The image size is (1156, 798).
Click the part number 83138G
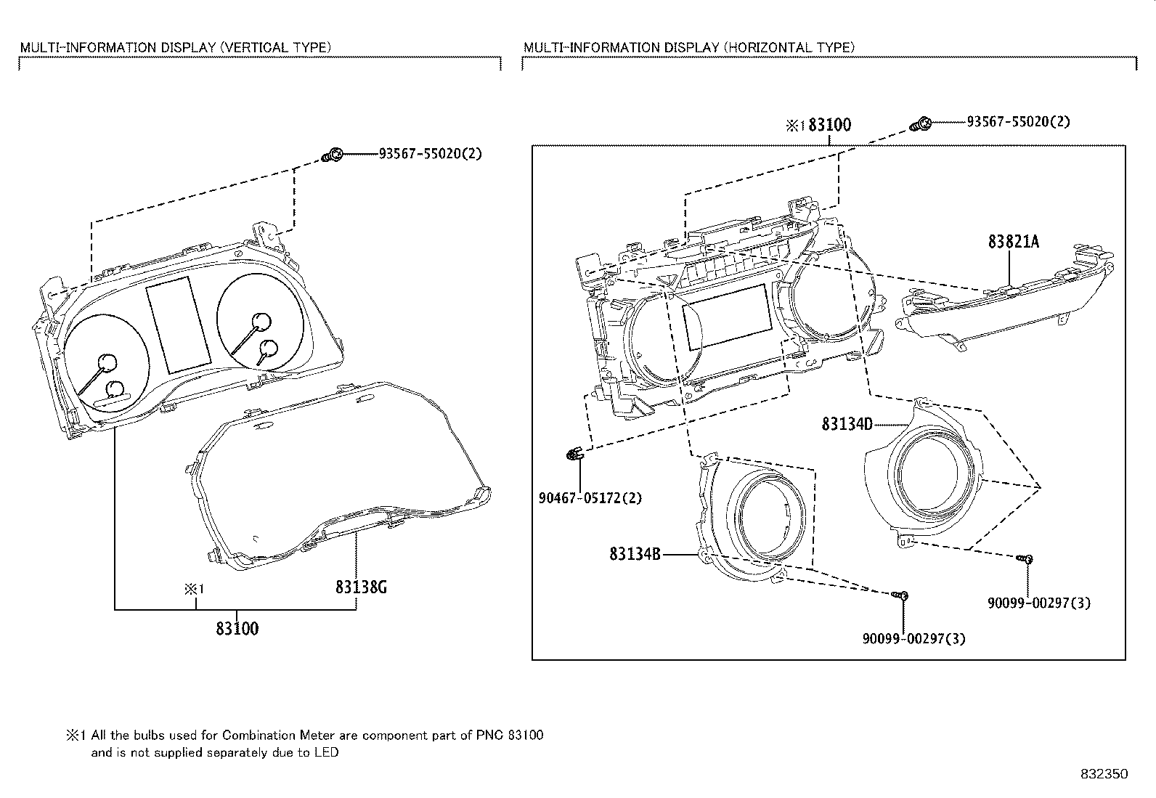pyautogui.click(x=360, y=587)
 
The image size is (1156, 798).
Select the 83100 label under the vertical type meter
pyautogui.click(x=237, y=629)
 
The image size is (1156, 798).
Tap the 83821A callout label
pyautogui.click(x=1012, y=242)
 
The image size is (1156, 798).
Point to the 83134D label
pyautogui.click(x=847, y=423)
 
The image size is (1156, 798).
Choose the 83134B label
pyautogui.click(x=635, y=555)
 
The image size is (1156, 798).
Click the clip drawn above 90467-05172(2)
pyautogui.click(x=573, y=455)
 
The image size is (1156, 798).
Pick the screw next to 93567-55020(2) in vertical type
pyautogui.click(x=333, y=155)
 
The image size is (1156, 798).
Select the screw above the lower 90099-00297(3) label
pyautogui.click(x=900, y=595)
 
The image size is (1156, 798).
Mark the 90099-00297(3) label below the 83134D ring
pyautogui.click(x=1038, y=603)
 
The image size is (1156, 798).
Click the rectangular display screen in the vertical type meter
pyautogui.click(x=179, y=324)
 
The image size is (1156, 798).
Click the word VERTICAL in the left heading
pyautogui.click(x=253, y=47)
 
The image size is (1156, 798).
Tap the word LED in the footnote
pyautogui.click(x=326, y=753)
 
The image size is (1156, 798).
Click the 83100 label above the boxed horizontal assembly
pyautogui.click(x=829, y=125)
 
